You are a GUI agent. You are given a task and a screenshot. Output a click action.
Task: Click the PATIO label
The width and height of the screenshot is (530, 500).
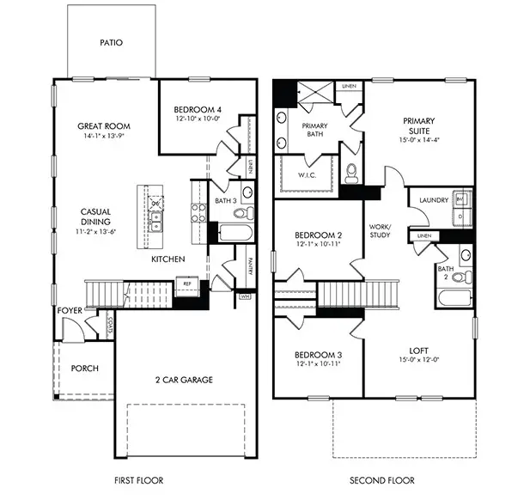(110, 41)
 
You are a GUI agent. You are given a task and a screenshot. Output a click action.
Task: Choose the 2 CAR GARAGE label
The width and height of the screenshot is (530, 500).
(185, 379)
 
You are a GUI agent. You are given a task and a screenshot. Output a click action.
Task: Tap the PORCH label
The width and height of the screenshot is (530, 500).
(85, 369)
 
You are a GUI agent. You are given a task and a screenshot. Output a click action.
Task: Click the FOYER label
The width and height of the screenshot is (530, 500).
(70, 310)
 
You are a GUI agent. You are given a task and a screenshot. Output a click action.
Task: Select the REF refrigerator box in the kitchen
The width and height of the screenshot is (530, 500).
(185, 281)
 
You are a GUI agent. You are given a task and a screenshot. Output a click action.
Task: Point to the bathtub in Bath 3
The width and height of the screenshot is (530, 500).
(234, 233)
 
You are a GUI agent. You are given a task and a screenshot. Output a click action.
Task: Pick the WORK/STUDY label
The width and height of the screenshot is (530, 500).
(380, 229)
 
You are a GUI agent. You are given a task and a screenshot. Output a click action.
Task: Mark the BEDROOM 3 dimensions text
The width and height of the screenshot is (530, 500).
(318, 365)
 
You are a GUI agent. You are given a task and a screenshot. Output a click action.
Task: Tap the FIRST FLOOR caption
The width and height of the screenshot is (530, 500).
(138, 480)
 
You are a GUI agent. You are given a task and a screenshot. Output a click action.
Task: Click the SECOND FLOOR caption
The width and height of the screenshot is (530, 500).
(381, 480)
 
